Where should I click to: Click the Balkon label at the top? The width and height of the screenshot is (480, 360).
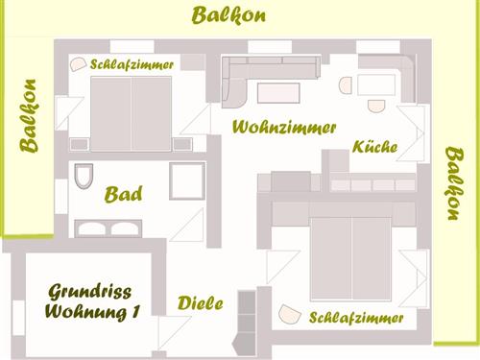[228, 15]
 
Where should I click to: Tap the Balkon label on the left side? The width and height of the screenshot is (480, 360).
[29, 116]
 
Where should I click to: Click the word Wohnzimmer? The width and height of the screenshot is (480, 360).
[284, 127]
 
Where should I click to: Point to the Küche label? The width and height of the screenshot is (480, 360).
[375, 148]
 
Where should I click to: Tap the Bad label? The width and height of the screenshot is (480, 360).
[124, 195]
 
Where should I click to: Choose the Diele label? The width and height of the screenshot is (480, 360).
[201, 304]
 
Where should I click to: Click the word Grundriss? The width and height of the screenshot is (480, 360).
[89, 292]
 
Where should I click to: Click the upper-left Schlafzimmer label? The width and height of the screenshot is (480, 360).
[132, 64]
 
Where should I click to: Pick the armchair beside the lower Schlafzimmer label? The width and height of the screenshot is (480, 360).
[288, 314]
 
